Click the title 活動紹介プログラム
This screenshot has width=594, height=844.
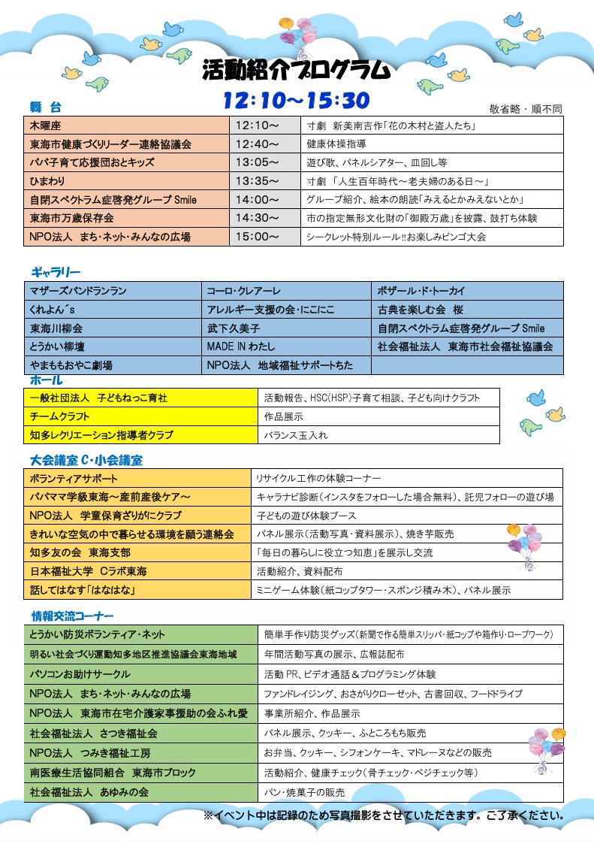(297, 70)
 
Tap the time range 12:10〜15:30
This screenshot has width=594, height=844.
(297, 100)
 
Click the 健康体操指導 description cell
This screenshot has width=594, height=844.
(432, 144)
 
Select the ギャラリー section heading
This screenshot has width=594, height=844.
(56, 271)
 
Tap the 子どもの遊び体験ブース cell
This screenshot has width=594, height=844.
(406, 516)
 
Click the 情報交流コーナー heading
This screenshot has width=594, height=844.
(72, 616)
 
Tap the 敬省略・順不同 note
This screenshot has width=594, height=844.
(526, 108)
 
